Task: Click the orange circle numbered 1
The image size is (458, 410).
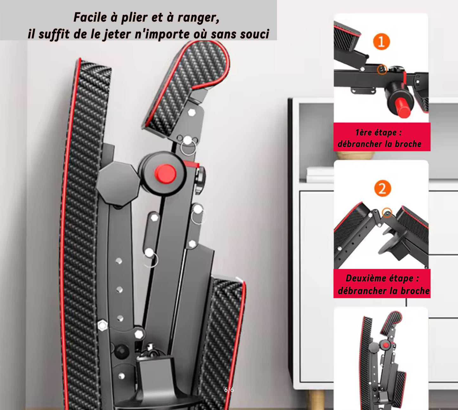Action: click(381, 42)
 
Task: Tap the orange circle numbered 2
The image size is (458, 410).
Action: click(383, 188)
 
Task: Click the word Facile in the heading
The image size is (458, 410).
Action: click(90, 17)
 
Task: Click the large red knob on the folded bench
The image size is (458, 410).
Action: click(165, 174)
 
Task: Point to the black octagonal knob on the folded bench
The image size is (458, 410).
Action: click(118, 184)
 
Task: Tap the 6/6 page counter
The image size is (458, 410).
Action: click(229, 390)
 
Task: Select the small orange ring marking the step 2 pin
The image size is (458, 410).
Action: click(387, 213)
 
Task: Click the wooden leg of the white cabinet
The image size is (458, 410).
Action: click(317, 400)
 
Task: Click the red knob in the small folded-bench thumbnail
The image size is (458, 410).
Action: click(386, 345)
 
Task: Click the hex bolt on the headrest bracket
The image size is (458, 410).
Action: click(192, 113)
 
